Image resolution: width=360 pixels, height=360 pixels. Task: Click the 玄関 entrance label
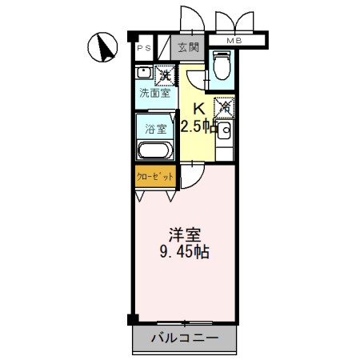pyautogui.click(x=189, y=47)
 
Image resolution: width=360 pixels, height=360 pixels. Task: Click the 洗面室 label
pyautogui.click(x=154, y=94)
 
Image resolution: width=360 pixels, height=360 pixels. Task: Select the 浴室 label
pyautogui.click(x=154, y=128)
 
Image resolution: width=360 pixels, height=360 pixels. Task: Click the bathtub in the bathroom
pyautogui.click(x=154, y=151)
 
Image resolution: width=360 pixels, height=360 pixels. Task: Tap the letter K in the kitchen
pyautogui.click(x=198, y=110)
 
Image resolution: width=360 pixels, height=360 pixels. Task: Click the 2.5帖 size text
pyautogui.click(x=198, y=126)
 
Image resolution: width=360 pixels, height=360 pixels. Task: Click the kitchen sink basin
pyautogui.click(x=225, y=129)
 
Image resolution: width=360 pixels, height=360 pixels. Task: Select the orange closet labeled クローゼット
pyautogui.click(x=154, y=175)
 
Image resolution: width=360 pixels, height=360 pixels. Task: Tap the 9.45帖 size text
pyautogui.click(x=185, y=253)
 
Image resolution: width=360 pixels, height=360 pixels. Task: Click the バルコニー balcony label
pyautogui.click(x=185, y=338)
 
